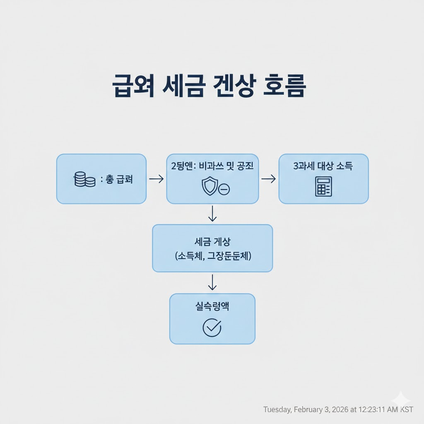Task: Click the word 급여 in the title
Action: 133,87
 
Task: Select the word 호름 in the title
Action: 285,87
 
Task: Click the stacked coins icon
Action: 84,180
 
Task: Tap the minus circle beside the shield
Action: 224,190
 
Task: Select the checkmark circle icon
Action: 212,328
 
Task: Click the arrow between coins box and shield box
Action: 156,179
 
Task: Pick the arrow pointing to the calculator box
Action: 269,179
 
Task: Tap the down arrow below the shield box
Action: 212,214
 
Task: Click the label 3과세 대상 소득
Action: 323,166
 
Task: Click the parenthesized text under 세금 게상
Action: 212,256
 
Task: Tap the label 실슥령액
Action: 212,306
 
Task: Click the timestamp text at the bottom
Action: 338,410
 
